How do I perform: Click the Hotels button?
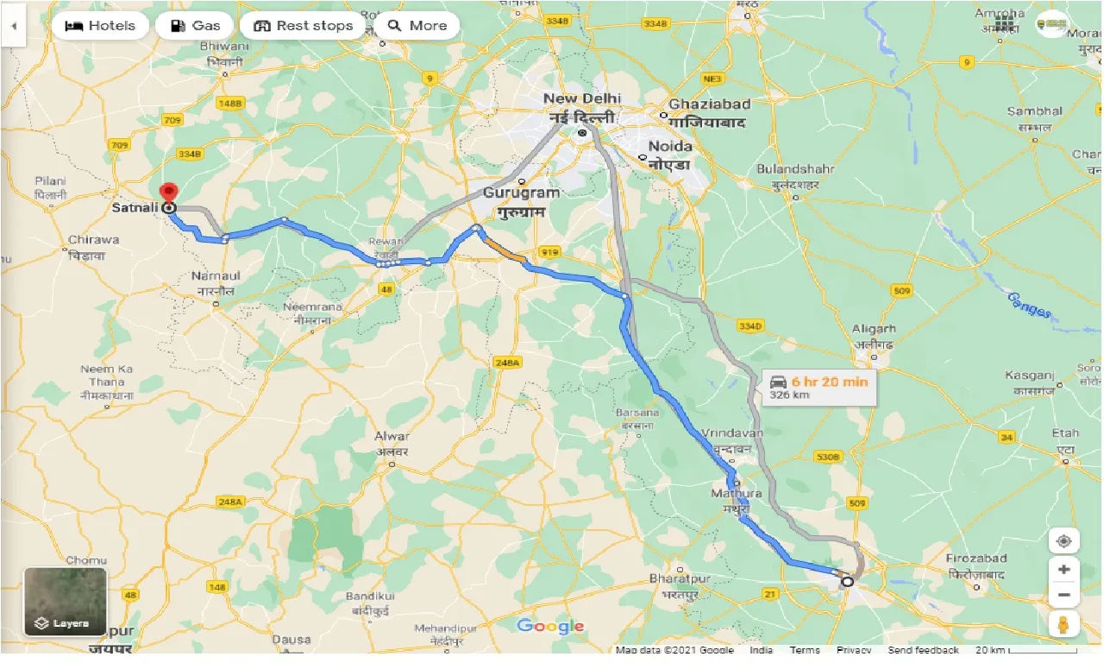(100, 26)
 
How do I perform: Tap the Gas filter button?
(194, 26)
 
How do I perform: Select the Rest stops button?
(304, 26)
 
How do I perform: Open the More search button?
(417, 26)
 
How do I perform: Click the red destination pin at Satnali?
(169, 193)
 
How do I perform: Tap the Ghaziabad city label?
(709, 104)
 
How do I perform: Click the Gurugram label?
(522, 193)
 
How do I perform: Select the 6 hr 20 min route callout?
(819, 388)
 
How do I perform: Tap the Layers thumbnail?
(66, 601)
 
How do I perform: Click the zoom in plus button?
(1063, 570)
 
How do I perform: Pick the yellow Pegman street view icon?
(1063, 623)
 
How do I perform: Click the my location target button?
(1063, 541)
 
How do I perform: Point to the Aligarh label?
(874, 329)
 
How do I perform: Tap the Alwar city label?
(392, 437)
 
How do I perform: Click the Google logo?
(550, 627)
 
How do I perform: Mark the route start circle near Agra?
(847, 581)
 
